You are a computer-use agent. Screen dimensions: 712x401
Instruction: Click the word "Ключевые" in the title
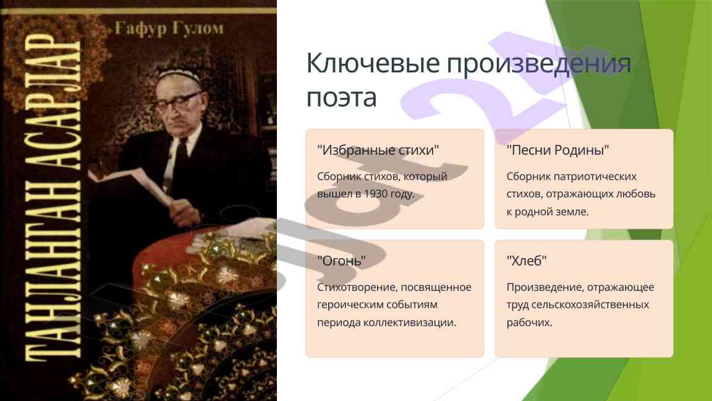pyautogui.click(x=373, y=63)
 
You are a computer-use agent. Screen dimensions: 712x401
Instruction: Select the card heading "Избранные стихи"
pyautogui.click(x=378, y=150)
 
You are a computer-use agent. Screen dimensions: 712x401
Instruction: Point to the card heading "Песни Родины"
pyautogui.click(x=557, y=150)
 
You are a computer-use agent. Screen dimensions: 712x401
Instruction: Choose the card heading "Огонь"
pyautogui.click(x=341, y=261)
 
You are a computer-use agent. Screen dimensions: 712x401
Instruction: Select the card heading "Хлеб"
pyautogui.click(x=527, y=261)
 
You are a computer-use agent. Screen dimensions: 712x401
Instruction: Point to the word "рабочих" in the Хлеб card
pyautogui.click(x=529, y=322)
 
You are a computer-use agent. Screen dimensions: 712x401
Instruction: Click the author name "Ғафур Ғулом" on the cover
pyautogui.click(x=169, y=28)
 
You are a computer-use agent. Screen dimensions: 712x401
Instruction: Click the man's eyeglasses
pyautogui.click(x=178, y=101)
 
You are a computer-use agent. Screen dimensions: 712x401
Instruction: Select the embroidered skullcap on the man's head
pyautogui.click(x=179, y=76)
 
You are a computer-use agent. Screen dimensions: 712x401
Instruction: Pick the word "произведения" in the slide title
pyautogui.click(x=539, y=64)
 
